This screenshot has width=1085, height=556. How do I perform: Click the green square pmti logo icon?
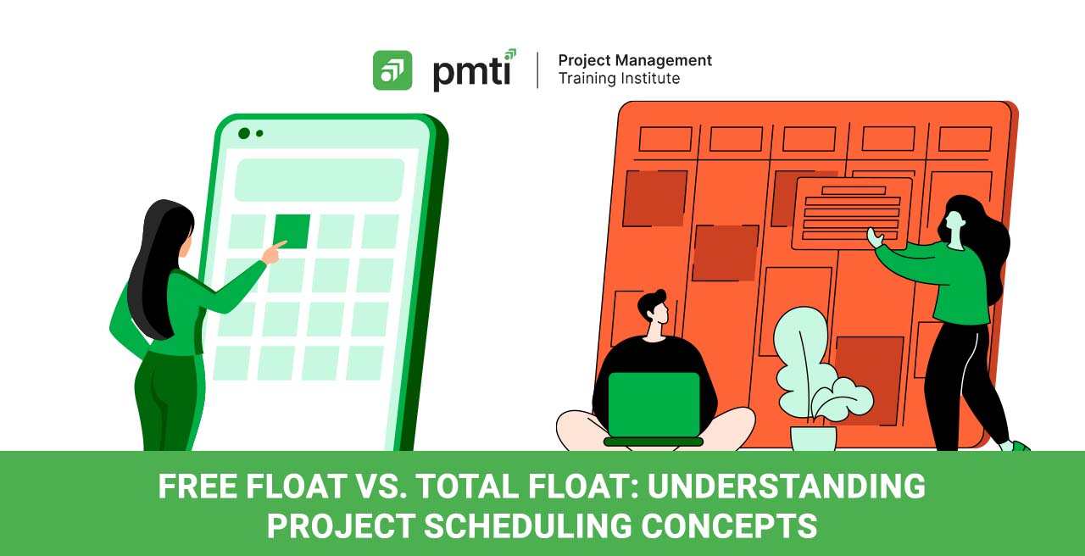pos(392,70)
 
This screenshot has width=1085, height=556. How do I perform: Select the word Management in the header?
pos(662,60)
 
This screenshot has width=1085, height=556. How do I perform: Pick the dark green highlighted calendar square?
pos(292,231)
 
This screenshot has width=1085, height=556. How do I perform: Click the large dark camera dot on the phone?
pos(244,133)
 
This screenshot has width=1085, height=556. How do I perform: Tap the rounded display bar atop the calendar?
pos(320,180)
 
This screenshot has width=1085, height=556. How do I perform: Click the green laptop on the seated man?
pos(654,408)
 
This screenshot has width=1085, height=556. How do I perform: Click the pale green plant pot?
pos(813,438)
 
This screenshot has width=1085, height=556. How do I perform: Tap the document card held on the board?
pos(852,214)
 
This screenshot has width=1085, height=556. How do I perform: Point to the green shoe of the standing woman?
pos(1019,446)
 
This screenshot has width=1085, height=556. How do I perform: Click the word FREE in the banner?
pos(198,486)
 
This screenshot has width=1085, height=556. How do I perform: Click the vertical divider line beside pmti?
pos(537,70)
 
